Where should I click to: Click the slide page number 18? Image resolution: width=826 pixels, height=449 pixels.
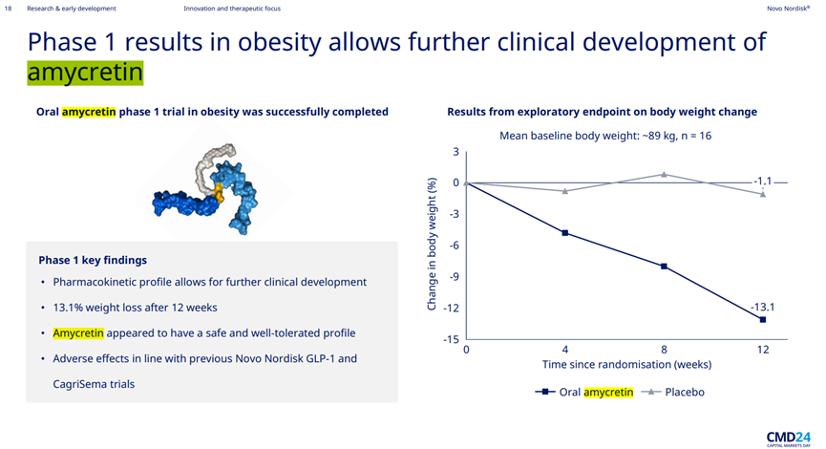[x=8, y=9]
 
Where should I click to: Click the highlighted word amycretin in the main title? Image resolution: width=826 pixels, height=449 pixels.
[x=85, y=73]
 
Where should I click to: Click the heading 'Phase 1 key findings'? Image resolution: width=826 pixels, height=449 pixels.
[x=93, y=260]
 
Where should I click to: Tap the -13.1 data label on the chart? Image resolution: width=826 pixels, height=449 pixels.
[x=762, y=307]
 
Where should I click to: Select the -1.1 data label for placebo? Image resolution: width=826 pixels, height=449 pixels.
[x=763, y=182]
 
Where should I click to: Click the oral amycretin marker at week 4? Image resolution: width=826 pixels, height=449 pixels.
[x=565, y=232]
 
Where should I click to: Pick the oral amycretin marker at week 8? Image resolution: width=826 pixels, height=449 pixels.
[x=664, y=266]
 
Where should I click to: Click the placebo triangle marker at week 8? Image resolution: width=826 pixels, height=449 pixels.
[x=664, y=174]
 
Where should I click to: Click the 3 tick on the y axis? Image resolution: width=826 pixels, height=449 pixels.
[x=456, y=152]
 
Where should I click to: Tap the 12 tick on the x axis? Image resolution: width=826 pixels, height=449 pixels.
[x=762, y=350]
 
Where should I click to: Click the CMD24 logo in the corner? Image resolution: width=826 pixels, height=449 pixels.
[x=788, y=437]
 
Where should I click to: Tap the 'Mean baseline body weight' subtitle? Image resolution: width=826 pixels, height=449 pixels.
[x=605, y=136]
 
